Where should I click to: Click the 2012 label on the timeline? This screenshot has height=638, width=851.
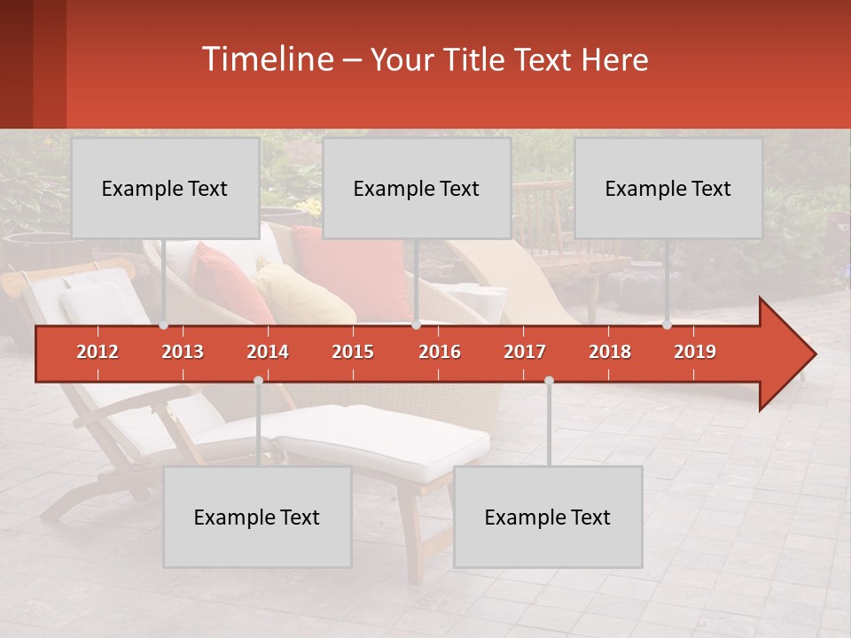point(98,352)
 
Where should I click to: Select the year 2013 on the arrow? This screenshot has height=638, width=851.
point(183,352)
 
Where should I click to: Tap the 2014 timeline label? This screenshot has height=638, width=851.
point(268,352)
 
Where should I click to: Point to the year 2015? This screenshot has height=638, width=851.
point(353,352)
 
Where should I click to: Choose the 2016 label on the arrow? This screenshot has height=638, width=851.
point(440,352)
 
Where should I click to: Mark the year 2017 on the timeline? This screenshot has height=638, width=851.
point(525,352)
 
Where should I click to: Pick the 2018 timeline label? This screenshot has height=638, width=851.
point(610,352)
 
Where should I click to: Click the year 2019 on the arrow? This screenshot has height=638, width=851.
point(695,352)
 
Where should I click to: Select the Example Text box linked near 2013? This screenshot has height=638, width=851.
point(165,189)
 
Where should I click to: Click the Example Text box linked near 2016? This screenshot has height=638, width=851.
point(417,189)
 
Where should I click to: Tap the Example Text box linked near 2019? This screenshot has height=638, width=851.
point(668,189)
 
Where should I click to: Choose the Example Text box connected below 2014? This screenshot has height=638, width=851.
point(257,517)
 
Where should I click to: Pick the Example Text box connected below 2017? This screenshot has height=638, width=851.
point(548,517)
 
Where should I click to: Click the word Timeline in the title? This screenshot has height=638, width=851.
point(266,59)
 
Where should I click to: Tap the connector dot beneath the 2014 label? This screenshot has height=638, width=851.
point(258,380)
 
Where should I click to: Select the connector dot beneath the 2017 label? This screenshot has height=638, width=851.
point(549,380)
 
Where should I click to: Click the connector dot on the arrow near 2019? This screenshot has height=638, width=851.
point(667,325)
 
